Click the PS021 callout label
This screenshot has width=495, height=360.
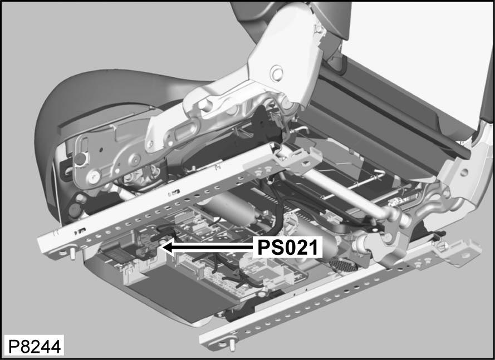[x=287, y=247]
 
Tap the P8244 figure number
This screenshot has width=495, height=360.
[x=34, y=347]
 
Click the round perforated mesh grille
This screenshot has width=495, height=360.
[x=344, y=265]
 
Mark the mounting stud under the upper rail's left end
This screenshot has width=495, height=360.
[x=72, y=253]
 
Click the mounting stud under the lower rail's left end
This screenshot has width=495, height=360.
[x=232, y=346]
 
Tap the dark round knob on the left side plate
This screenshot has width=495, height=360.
[x=81, y=159]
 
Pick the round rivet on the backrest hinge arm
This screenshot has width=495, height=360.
[x=277, y=73]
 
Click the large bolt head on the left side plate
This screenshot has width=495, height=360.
[x=94, y=176]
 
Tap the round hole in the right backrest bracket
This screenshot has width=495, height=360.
[x=464, y=172]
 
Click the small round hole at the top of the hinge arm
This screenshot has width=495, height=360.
[x=318, y=29]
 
